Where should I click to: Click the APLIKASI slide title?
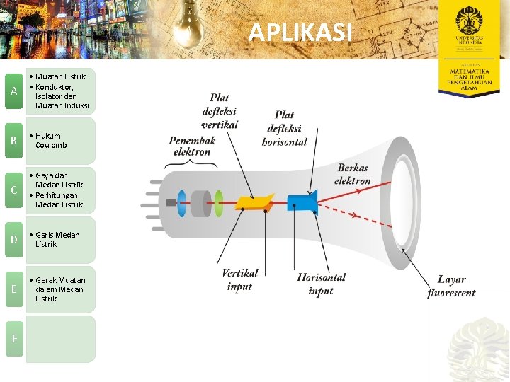pos(300,33)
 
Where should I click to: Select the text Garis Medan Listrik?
pos(57,239)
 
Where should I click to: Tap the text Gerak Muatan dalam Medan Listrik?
pos(59,289)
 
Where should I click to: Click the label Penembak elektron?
pos(191,146)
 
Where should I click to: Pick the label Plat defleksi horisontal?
pos(284,128)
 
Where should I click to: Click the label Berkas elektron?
pos(353,174)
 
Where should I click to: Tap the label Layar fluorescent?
pos(451,286)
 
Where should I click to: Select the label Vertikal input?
pos(240,280)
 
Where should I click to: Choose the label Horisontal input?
pos(321,284)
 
